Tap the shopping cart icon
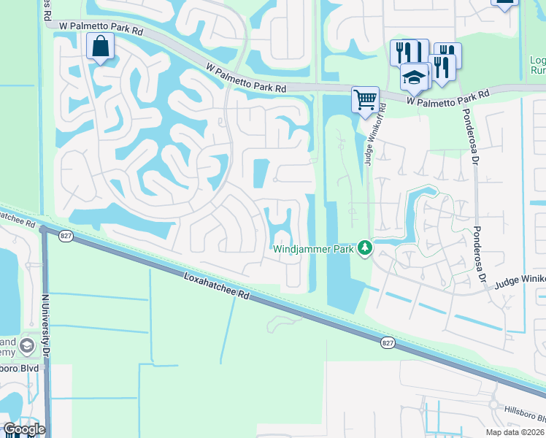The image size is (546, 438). click(x=365, y=99)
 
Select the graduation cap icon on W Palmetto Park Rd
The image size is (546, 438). click(x=414, y=77)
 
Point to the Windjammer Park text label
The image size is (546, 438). click(x=314, y=249)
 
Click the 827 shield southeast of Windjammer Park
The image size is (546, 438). click(x=388, y=342)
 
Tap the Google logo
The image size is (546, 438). click(x=24, y=429)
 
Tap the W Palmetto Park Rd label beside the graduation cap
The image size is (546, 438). click(x=447, y=98)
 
